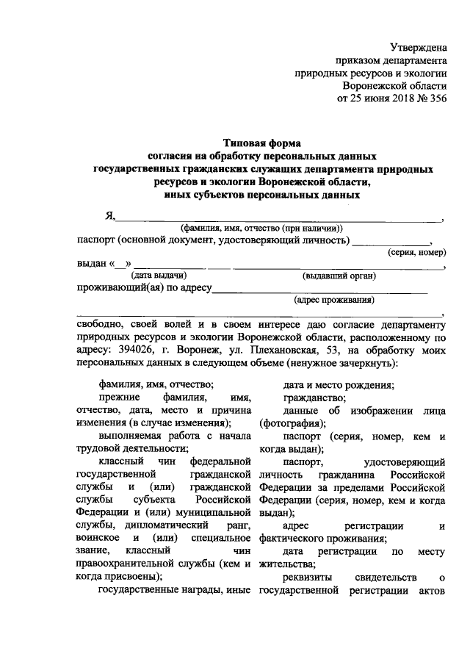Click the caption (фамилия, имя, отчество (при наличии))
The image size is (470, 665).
point(262,228)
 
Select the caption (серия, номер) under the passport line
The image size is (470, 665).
point(416,252)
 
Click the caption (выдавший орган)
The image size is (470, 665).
point(339,276)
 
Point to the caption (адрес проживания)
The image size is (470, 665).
point(333,300)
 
